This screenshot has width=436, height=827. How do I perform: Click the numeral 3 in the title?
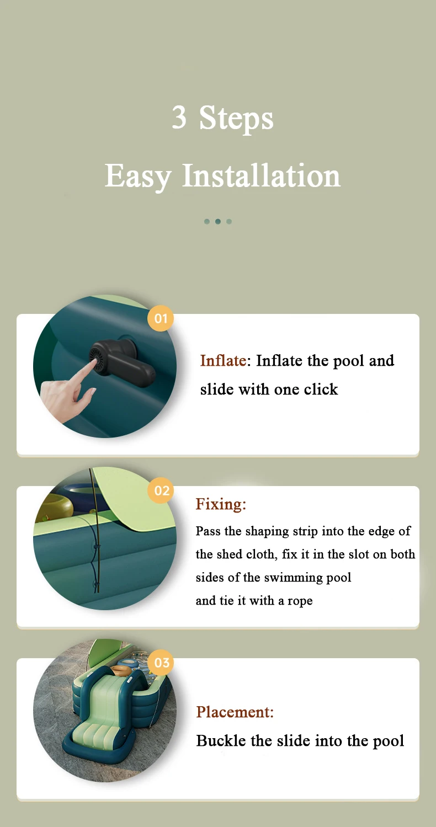coord(179,117)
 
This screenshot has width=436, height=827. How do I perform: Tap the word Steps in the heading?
coord(236,118)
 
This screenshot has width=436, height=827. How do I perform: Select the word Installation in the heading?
coord(262,175)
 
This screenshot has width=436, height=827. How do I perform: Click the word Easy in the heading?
coord(138,177)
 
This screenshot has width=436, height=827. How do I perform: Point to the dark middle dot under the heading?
coord(218,222)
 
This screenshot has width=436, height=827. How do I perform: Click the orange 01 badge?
coord(161,318)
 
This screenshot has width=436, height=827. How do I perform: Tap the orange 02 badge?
coord(161,490)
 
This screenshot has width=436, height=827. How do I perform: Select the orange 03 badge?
coord(161,663)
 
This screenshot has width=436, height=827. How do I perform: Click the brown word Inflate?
coord(223,361)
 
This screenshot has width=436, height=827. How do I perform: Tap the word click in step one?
coord(321,389)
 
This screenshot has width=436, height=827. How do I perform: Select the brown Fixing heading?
coord(221,504)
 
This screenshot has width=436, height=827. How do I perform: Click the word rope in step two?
coord(300,601)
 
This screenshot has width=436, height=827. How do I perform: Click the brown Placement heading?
coord(235,712)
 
